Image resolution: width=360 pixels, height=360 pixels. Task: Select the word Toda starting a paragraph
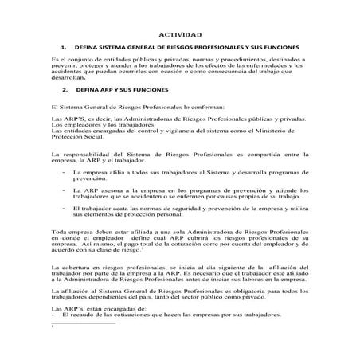(x=58, y=231)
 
